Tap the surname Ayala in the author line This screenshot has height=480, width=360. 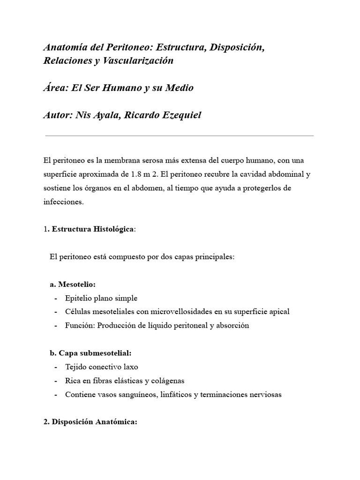[x=103, y=115]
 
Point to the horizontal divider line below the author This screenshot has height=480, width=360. [x=179, y=136]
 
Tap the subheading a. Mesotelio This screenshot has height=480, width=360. [x=73, y=285]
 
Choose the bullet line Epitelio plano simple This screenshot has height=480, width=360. [x=101, y=298]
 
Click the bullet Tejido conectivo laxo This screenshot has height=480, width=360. [x=102, y=367]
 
